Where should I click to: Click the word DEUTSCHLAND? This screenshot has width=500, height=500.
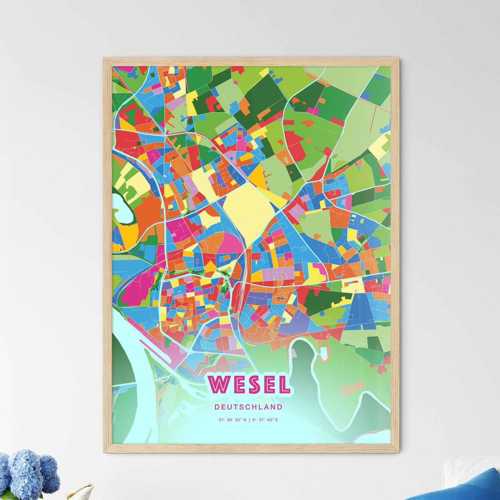248,407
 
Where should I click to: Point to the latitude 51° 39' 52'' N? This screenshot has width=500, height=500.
233,420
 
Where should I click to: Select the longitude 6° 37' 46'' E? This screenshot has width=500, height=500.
265,420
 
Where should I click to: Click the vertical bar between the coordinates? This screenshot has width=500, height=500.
249,420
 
